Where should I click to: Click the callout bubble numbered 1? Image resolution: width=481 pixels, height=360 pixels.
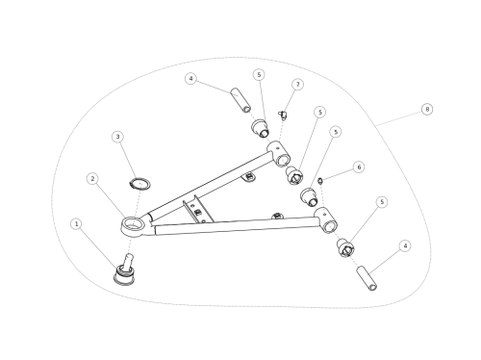click(x=76, y=224)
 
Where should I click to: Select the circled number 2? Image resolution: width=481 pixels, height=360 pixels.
click(x=92, y=179)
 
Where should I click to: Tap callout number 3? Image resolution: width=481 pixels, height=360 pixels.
click(x=117, y=137)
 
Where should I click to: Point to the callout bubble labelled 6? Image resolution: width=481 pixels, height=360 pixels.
click(x=359, y=167)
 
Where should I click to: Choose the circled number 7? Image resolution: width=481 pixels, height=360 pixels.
click(x=298, y=85)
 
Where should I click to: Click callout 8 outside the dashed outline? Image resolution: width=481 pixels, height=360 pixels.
click(x=427, y=109)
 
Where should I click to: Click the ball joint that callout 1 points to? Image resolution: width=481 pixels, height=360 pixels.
click(x=125, y=270)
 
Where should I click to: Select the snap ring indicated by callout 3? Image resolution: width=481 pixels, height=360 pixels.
click(x=139, y=184)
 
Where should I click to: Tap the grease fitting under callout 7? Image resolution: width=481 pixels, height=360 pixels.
click(x=282, y=115)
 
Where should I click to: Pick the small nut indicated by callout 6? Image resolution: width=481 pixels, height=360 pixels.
click(x=320, y=181)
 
